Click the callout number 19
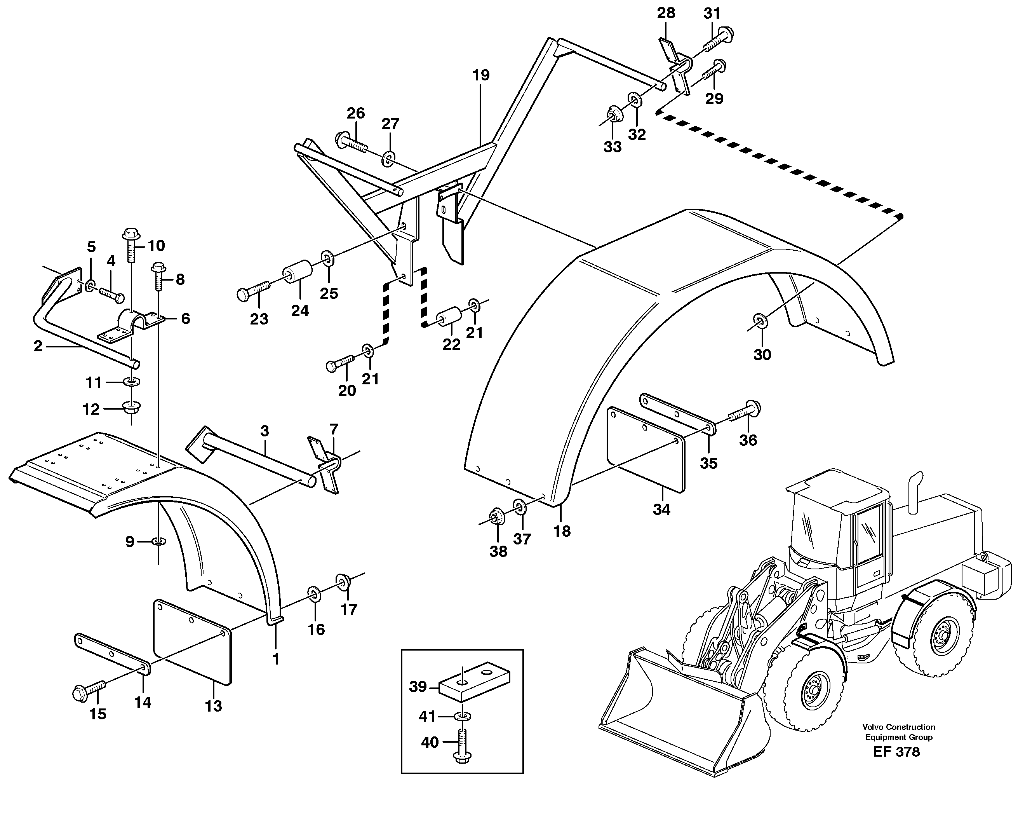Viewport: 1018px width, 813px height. (x=481, y=75)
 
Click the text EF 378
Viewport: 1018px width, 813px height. (x=896, y=752)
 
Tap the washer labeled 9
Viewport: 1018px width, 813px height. (x=158, y=540)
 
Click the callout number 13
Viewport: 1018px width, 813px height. (x=213, y=706)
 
